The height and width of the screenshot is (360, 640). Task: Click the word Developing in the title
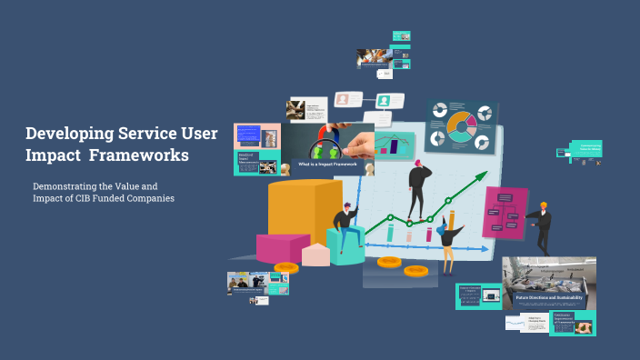(x=71, y=134)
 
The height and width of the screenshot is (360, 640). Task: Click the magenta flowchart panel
(x=505, y=214)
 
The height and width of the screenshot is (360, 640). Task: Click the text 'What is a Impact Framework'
(x=325, y=165)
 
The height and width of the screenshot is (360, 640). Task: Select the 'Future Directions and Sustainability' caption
(x=548, y=297)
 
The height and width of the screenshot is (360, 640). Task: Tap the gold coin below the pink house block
(x=286, y=267)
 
